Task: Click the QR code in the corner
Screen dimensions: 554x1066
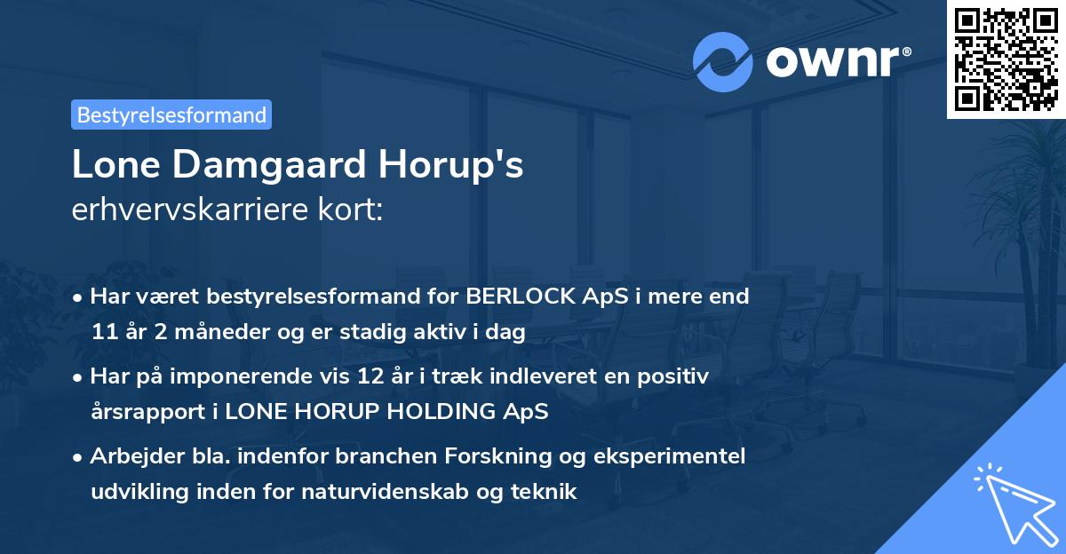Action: [x=1006, y=59]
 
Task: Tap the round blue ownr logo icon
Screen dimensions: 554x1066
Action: [x=723, y=61]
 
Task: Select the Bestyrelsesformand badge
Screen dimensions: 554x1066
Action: [x=171, y=115]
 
